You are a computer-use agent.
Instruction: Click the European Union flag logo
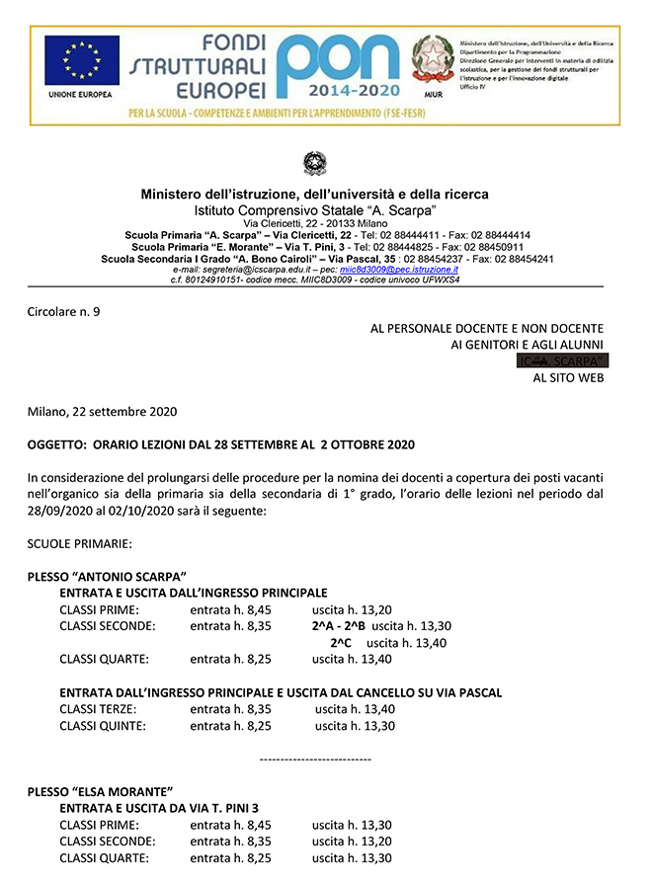[x=81, y=60]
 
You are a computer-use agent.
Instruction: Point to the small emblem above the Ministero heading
[x=314, y=163]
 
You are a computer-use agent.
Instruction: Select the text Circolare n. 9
[x=64, y=312]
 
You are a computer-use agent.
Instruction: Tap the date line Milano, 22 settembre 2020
[x=103, y=411]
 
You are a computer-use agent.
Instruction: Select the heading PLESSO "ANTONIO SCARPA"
[x=108, y=576]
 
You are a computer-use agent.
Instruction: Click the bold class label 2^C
[x=341, y=642]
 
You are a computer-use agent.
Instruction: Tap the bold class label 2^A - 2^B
[x=338, y=626]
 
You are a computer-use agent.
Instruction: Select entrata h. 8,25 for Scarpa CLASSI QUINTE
[x=230, y=726]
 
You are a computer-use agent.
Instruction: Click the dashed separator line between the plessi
[x=314, y=759]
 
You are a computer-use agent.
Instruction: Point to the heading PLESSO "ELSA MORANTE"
[x=100, y=791]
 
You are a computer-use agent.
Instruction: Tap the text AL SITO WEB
[x=567, y=377]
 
